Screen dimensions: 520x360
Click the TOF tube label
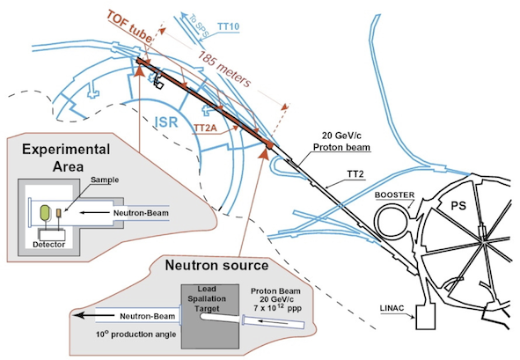click(129, 26)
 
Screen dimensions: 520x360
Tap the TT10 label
click(228, 26)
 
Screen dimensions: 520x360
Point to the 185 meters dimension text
click(223, 70)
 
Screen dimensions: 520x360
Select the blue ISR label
click(166, 122)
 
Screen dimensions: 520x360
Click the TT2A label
click(205, 128)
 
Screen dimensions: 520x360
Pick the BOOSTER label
click(394, 195)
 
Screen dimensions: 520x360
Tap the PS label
click(458, 206)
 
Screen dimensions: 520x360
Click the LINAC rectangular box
click(425, 317)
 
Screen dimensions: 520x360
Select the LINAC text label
click(392, 308)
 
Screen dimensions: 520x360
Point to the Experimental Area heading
click(66, 158)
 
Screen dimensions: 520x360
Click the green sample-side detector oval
click(46, 213)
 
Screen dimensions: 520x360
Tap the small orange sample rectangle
click(58, 212)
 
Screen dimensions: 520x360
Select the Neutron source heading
click(216, 265)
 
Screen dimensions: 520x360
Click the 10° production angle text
click(135, 334)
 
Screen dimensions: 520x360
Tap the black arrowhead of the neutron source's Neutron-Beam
click(77, 315)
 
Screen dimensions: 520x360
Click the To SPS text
click(199, 25)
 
